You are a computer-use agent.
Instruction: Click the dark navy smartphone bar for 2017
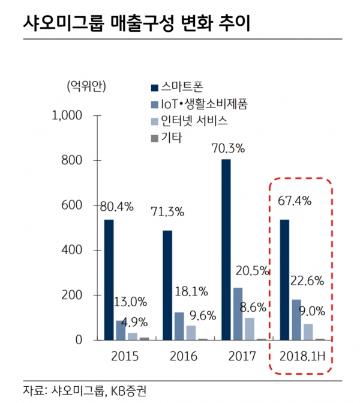pyautogui.click(x=226, y=249)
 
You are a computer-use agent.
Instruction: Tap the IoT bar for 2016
pyautogui.click(x=179, y=326)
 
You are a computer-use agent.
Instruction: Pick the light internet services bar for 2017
pyautogui.click(x=249, y=329)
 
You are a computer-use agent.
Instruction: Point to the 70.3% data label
pyautogui.click(x=226, y=147)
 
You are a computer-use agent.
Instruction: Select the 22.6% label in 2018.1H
pyautogui.click(x=307, y=280)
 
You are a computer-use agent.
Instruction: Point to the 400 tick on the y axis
pyautogui.click(x=76, y=250)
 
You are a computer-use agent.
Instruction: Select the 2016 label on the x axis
pyautogui.click(x=182, y=356)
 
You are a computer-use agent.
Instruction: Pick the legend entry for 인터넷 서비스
pyautogui.click(x=196, y=121)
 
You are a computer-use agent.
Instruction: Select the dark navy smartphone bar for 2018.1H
pyautogui.click(x=285, y=279)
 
